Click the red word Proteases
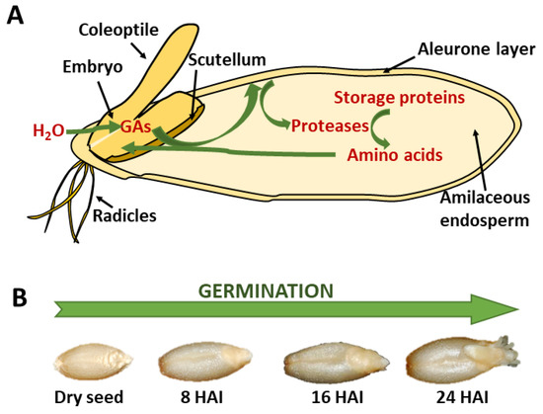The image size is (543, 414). point(326,126)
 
